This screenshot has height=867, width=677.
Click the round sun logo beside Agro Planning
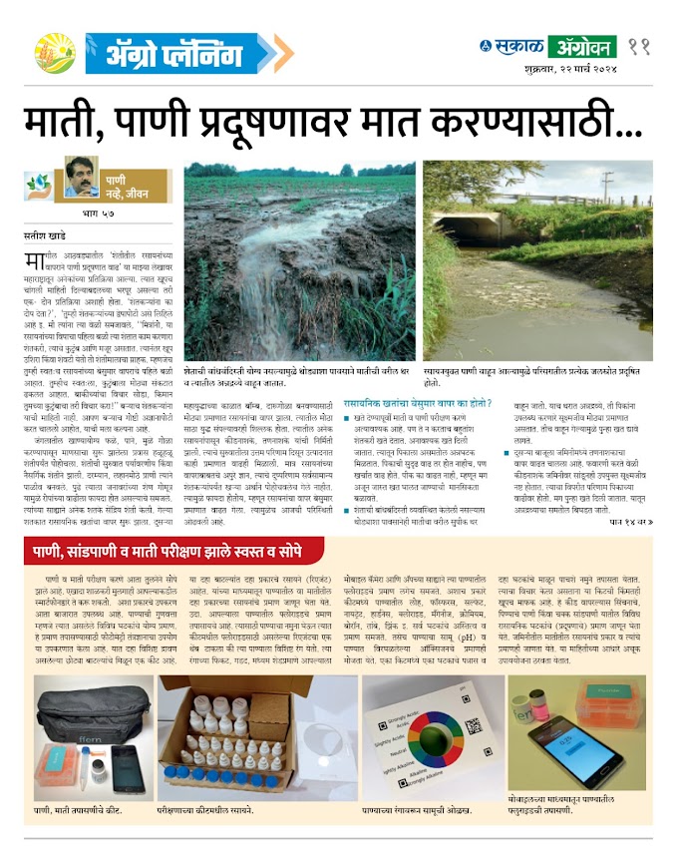pos(54,53)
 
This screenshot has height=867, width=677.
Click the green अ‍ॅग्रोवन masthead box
pos(581,47)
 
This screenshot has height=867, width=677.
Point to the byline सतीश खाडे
pos(44,234)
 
